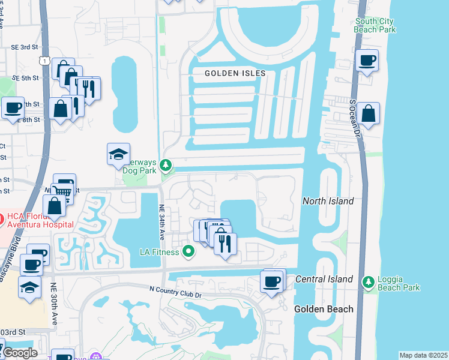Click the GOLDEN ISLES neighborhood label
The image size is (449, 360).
coord(235,73)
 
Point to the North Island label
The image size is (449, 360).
coord(328,201)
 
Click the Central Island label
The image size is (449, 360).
coord(324,279)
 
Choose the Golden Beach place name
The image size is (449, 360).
coord(324,309)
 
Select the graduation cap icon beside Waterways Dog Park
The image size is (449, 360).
coord(118,154)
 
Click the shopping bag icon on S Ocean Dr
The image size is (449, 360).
coord(368,113)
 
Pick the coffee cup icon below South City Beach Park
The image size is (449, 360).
coord(367,60)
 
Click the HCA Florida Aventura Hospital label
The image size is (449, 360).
coord(36,220)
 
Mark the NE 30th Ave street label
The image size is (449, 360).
coord(54,304)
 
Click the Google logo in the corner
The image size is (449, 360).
coord(19,352)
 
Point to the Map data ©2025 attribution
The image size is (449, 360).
coord(423,355)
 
